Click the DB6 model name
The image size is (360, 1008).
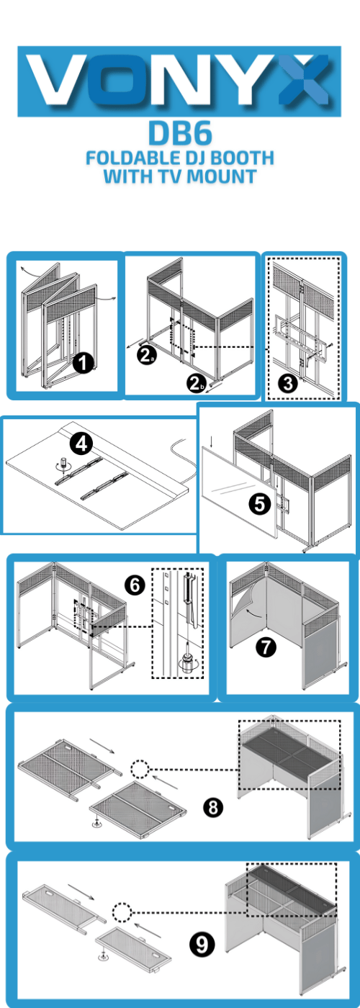(180, 134)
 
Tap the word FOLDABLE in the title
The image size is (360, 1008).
(129, 158)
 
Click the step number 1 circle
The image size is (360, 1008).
(84, 363)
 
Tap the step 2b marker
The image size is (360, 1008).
(196, 384)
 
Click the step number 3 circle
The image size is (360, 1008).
(287, 383)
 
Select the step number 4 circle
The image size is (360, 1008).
(81, 444)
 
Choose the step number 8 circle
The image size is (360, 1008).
(213, 808)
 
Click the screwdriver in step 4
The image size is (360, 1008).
(64, 464)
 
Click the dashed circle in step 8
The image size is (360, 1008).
(140, 769)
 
